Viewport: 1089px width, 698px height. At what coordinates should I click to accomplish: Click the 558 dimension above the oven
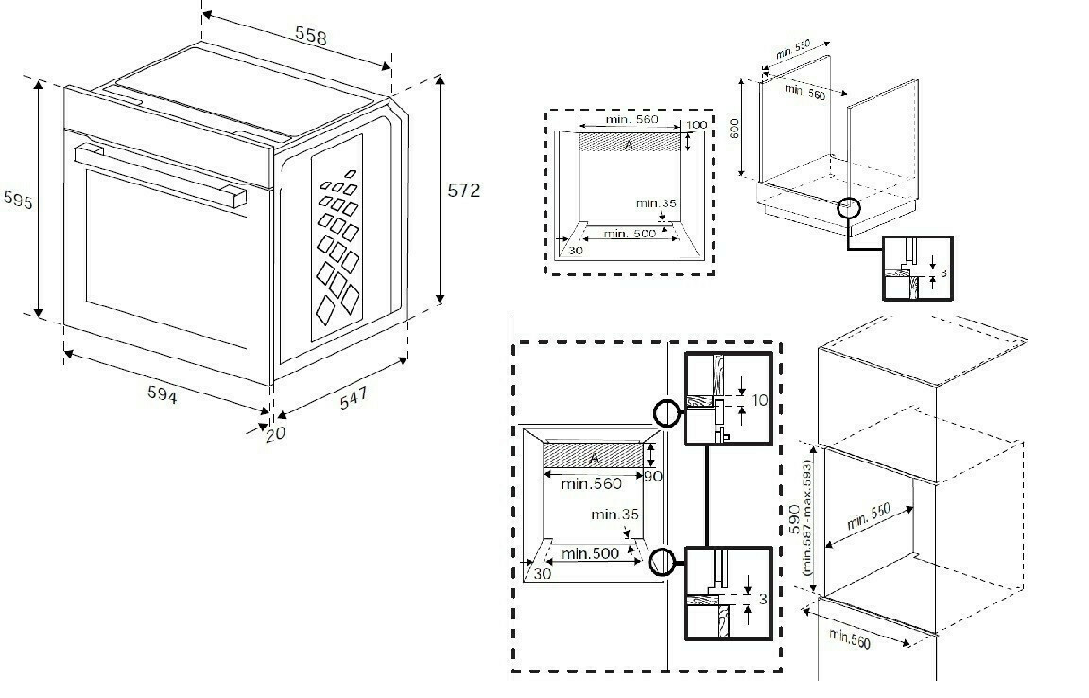pyautogui.click(x=311, y=36)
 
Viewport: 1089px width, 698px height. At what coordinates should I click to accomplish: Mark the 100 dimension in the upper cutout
pyautogui.click(x=696, y=125)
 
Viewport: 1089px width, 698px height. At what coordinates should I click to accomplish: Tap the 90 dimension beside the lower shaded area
pyautogui.click(x=652, y=477)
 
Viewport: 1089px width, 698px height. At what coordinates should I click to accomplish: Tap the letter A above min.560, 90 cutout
pyautogui.click(x=594, y=458)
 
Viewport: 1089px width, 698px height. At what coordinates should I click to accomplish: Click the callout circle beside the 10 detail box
pyautogui.click(x=666, y=412)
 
